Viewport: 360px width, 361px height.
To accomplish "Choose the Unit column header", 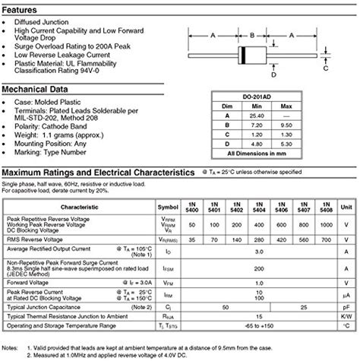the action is pyautogui.click(x=346, y=206).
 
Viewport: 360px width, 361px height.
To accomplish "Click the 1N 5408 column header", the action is pyautogui.click(x=327, y=206).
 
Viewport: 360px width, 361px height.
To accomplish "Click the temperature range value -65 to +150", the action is pyautogui.click(x=259, y=325).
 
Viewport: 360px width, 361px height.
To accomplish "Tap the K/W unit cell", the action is pyautogui.click(x=346, y=314).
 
